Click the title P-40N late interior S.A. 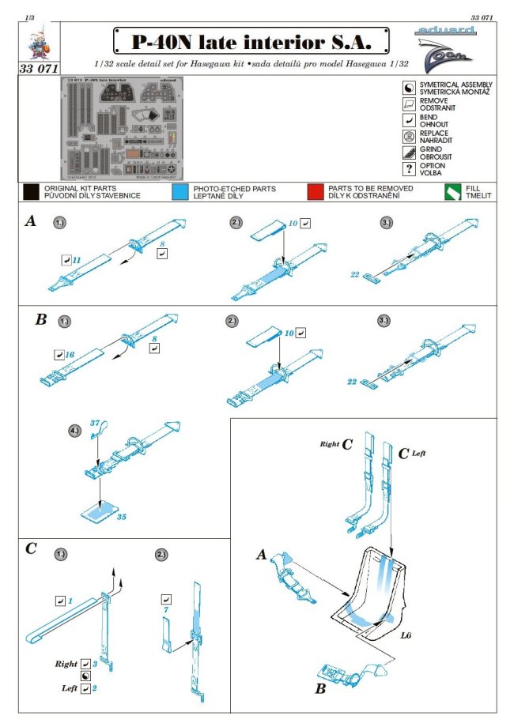(x=242, y=40)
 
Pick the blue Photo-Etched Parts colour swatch (x=179, y=192)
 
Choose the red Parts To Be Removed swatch (x=315, y=192)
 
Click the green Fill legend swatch (x=452, y=192)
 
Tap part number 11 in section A (x=77, y=258)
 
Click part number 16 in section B (x=70, y=356)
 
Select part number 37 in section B (x=95, y=424)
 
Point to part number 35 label (x=121, y=519)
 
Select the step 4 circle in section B (x=74, y=432)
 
